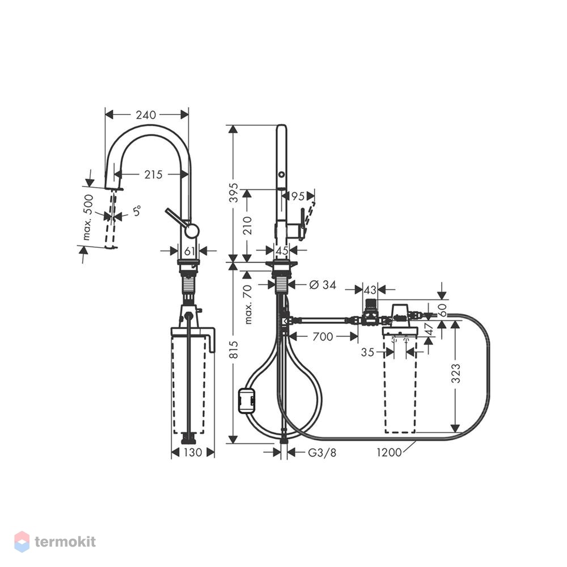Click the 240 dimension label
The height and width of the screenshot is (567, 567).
tap(146, 115)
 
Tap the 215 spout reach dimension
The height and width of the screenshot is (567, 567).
tap(154, 175)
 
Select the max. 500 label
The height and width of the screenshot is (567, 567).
tap(88, 217)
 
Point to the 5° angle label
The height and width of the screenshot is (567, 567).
tap(137, 210)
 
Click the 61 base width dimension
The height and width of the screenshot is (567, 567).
tap(189, 251)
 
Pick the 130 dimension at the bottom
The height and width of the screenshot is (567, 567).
tap(193, 452)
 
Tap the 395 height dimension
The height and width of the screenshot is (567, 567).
tap(234, 193)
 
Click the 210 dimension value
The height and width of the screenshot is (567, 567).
tap(247, 225)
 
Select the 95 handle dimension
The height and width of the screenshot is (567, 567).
tap(298, 196)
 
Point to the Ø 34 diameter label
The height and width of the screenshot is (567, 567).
tap(323, 285)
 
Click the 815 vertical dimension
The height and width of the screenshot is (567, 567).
tap(234, 350)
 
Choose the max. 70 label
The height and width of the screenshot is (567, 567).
tap(248, 304)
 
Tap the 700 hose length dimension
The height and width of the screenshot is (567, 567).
tap(323, 337)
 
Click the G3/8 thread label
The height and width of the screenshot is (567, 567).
tap(322, 452)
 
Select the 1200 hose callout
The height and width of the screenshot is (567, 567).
tap(389, 452)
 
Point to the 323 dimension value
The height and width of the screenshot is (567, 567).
tap(456, 374)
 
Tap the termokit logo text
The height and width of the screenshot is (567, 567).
tap(65, 541)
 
